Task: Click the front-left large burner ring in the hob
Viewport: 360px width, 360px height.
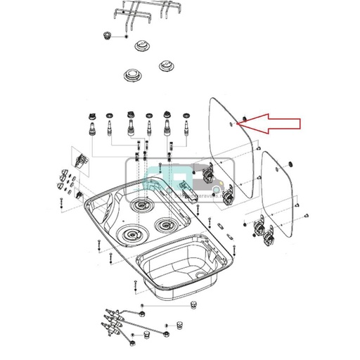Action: coord(130,233)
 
